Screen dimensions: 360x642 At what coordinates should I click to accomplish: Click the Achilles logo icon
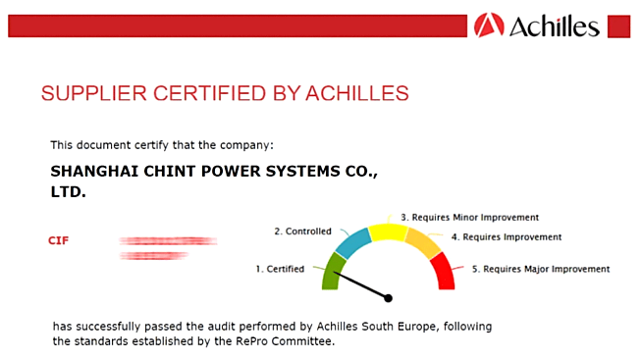[x=489, y=25]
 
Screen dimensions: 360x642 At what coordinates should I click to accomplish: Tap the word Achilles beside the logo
[x=554, y=26]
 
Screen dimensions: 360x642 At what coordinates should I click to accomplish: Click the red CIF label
[x=59, y=240]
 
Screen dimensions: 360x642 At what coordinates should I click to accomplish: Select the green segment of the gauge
[x=333, y=271]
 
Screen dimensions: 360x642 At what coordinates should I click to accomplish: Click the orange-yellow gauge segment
[x=423, y=242]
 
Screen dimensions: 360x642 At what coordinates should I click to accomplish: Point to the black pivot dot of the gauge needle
[x=388, y=297]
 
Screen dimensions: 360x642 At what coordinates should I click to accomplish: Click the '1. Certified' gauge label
[x=280, y=268]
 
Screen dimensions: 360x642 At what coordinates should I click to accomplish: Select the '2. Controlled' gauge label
[x=302, y=231]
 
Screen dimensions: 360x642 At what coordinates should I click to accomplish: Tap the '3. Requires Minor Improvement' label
[x=469, y=217]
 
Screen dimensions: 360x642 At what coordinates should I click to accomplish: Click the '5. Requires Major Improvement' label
[x=540, y=268]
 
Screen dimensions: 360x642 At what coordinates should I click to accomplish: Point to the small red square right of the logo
[x=618, y=26]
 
